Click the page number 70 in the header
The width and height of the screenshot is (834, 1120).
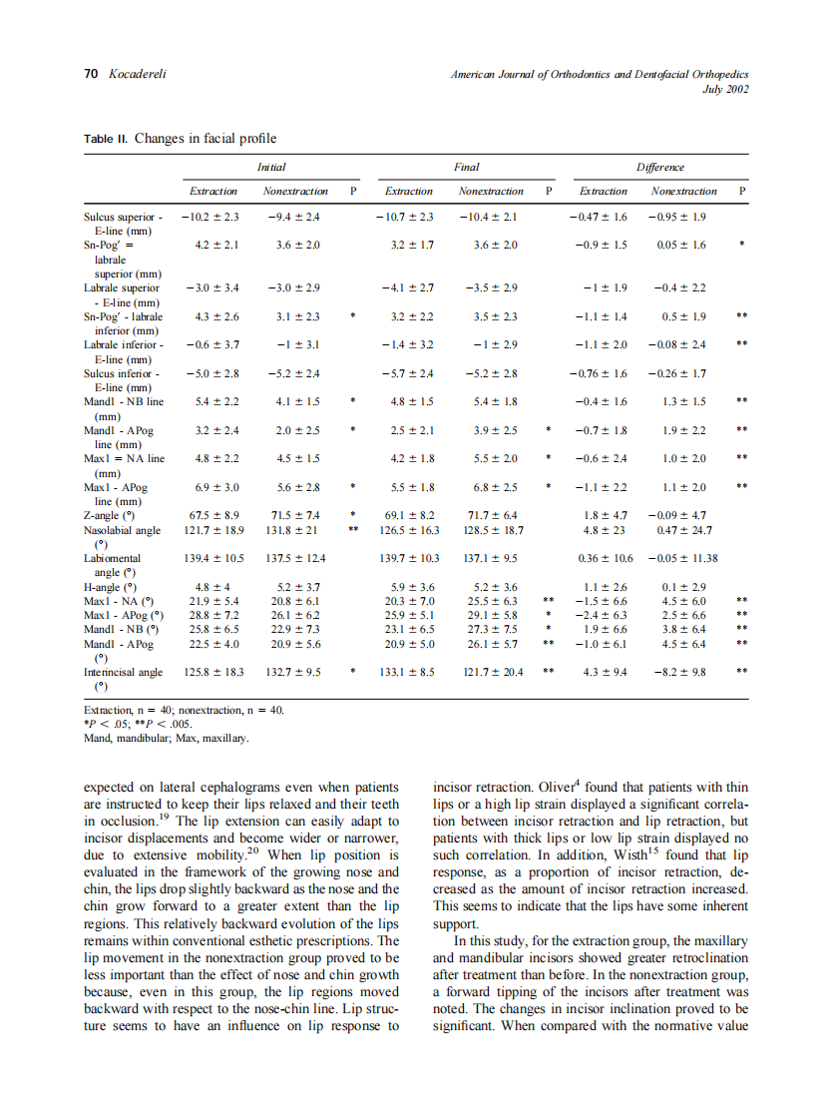point(90,75)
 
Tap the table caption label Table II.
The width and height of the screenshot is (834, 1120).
point(106,139)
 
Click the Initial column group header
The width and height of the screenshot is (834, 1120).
point(270,167)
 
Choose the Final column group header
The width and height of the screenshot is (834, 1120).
point(466,167)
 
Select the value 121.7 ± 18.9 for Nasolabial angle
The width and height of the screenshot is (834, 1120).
point(214,530)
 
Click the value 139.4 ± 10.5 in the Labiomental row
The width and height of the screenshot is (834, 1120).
point(214,558)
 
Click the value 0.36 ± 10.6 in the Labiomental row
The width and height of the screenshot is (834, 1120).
point(605,558)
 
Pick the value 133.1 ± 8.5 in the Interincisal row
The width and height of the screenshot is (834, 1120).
point(409,673)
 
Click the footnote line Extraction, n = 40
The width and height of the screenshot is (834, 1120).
point(185,710)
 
